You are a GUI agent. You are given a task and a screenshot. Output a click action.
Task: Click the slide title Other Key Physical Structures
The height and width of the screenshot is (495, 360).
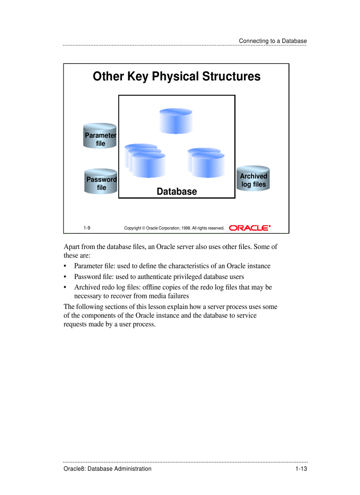(176, 76)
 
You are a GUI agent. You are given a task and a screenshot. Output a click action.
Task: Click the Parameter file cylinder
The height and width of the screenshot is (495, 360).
(101, 136)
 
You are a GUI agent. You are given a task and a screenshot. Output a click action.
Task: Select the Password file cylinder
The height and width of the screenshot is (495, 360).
(101, 181)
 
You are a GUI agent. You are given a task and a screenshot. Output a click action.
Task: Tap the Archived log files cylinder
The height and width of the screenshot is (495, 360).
(253, 179)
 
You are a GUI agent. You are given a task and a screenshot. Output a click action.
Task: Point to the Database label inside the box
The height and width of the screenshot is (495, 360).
(177, 191)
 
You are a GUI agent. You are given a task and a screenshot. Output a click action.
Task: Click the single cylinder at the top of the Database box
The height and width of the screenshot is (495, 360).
(176, 120)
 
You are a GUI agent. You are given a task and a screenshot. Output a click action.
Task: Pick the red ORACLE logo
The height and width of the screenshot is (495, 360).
(250, 228)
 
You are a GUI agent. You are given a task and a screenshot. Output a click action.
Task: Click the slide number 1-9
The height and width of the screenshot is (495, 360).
(87, 228)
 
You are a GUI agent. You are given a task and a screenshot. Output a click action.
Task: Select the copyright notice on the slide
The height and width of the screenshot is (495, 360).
(174, 228)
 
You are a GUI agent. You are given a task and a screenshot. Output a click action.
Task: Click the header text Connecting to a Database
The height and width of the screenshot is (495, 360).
(273, 41)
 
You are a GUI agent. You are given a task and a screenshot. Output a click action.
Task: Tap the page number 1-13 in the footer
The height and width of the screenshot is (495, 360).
(301, 469)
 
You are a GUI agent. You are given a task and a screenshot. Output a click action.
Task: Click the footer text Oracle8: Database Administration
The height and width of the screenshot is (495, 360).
(108, 469)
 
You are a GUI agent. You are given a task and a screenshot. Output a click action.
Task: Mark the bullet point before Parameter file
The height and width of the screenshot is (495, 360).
(66, 266)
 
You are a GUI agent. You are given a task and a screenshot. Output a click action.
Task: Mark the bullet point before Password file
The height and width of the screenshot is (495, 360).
(66, 277)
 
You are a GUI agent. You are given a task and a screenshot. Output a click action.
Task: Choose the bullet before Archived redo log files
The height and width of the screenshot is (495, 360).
(66, 287)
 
